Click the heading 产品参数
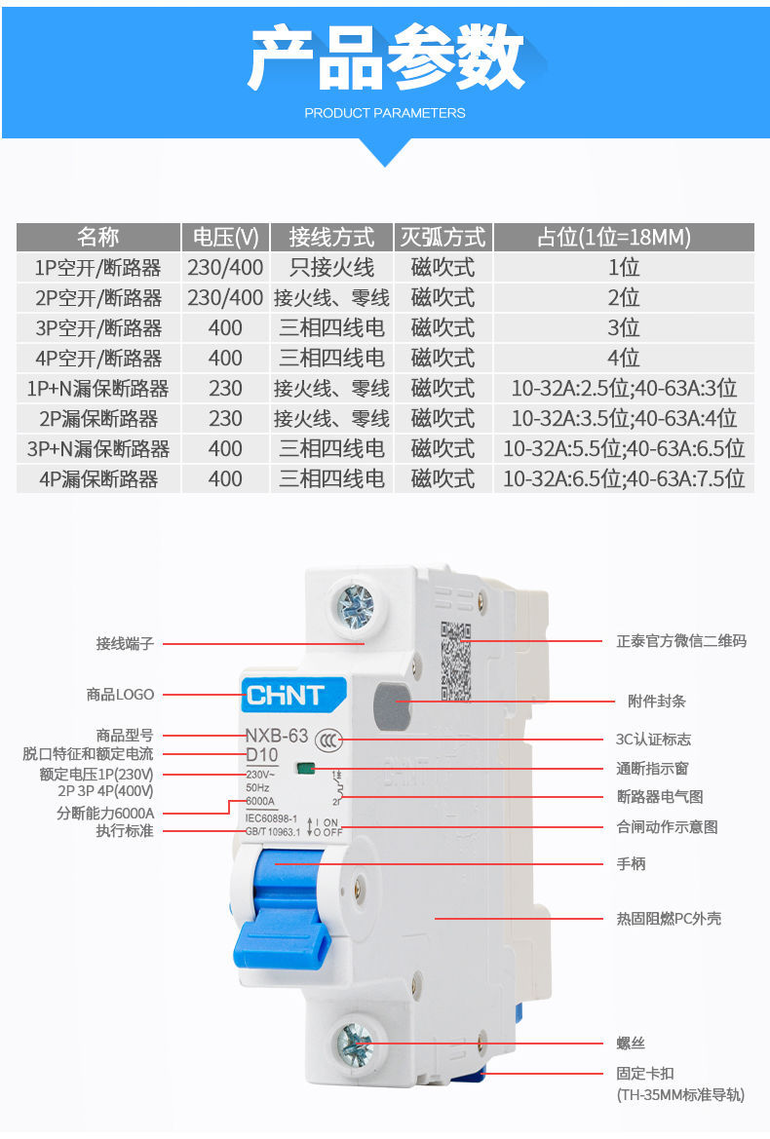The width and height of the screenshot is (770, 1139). pos(385,60)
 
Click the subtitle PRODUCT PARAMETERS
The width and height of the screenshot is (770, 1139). pos(385,113)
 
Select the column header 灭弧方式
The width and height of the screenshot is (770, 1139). pos(443,237)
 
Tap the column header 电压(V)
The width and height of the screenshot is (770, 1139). pos(225,237)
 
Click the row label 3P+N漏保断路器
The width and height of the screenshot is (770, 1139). pos(97,448)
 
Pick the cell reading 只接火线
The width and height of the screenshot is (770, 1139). pos(331,267)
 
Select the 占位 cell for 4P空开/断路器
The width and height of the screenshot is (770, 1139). pos(624,358)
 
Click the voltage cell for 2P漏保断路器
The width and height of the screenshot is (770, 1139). pos(225,418)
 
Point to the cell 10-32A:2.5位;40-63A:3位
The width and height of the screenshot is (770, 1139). pos(624,388)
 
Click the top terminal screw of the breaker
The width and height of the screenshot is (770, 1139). pos(355,607)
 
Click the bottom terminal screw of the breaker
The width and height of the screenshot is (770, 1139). pos(355,1044)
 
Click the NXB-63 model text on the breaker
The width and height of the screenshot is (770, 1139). pos(276,736)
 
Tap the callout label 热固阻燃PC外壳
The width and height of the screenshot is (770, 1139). pos(669,918)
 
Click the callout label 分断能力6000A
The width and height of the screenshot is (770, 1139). pos(105,813)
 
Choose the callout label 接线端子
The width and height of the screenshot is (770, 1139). pos(125,643)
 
